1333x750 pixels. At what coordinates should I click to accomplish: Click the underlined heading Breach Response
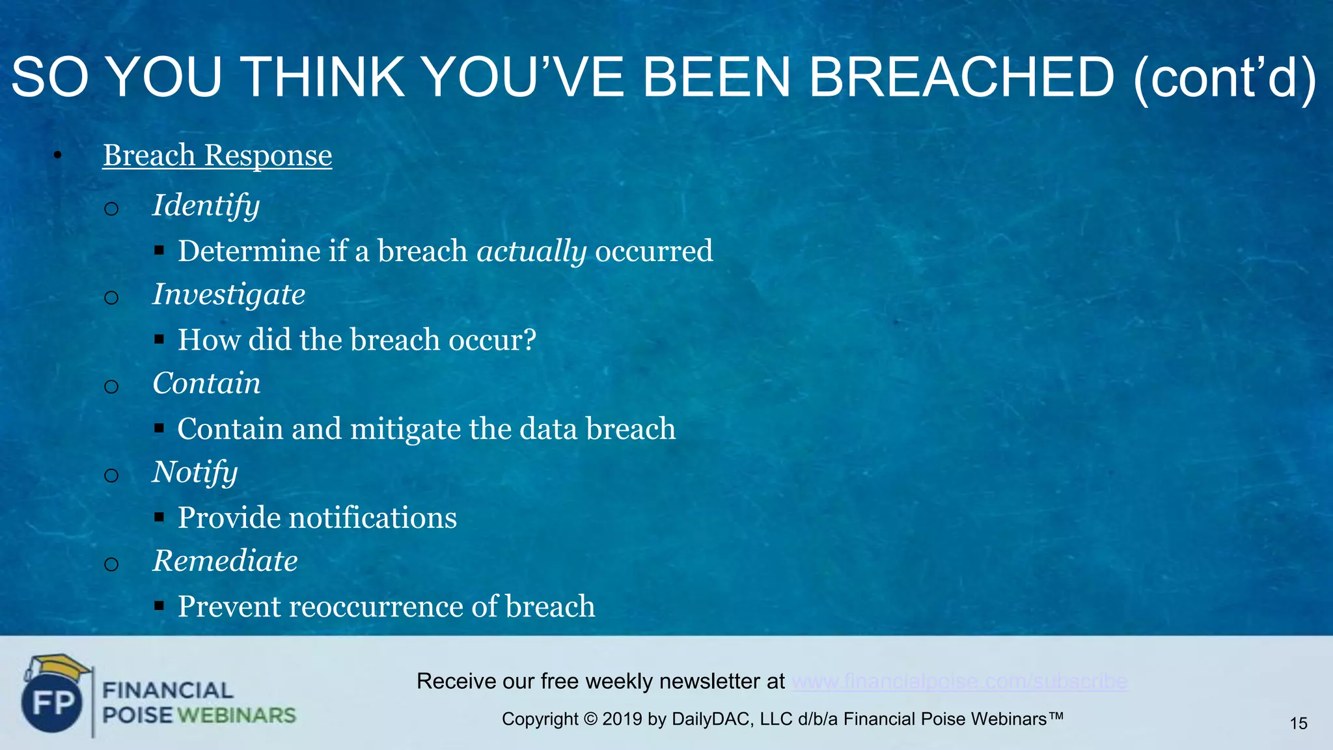coord(217,156)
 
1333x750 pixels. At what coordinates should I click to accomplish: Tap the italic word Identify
coord(206,206)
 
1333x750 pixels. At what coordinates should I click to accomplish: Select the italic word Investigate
coord(228,294)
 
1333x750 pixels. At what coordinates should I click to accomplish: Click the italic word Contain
coord(206,383)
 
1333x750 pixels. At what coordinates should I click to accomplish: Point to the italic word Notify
coord(195,472)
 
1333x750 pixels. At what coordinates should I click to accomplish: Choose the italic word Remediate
coord(225,561)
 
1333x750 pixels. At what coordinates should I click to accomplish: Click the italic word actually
coord(531,251)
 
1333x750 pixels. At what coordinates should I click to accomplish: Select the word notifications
coord(372,518)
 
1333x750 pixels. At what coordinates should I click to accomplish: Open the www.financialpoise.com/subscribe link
coord(959,682)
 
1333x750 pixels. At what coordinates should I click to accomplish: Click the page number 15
coord(1298,723)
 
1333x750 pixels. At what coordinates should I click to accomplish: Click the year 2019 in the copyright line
coord(622,719)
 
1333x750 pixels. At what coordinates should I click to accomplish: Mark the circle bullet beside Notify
coord(111,476)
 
